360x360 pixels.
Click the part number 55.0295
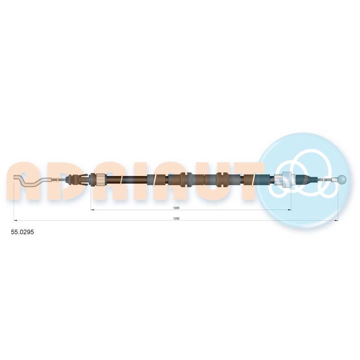pos(22,232)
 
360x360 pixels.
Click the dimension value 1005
pos(176,208)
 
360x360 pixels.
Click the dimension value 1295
pos(176,219)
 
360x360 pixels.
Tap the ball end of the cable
pos(342,179)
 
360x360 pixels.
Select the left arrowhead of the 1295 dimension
pos(15,220)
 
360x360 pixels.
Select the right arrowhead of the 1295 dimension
pos(336,220)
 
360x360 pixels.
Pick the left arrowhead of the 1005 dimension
pos(93,210)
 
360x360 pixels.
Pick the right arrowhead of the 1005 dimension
pos(289,210)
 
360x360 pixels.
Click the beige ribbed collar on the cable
pos(100,180)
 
